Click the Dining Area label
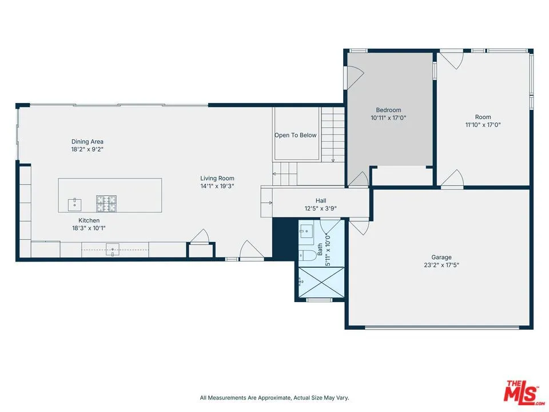coord(87,141)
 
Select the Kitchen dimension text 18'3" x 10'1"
coord(89,228)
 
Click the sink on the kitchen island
coord(74,203)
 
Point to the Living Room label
coord(217,178)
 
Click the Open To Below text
coord(295,136)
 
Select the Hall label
coord(321,201)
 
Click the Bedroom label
coord(388,110)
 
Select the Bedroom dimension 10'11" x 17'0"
coord(388,118)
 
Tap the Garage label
coord(441,257)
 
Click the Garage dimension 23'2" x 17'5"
coord(441,266)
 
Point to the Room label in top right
coord(483,117)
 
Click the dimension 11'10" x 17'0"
coord(483,125)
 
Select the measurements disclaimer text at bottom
coord(274,398)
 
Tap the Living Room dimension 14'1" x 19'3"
coord(217,186)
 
